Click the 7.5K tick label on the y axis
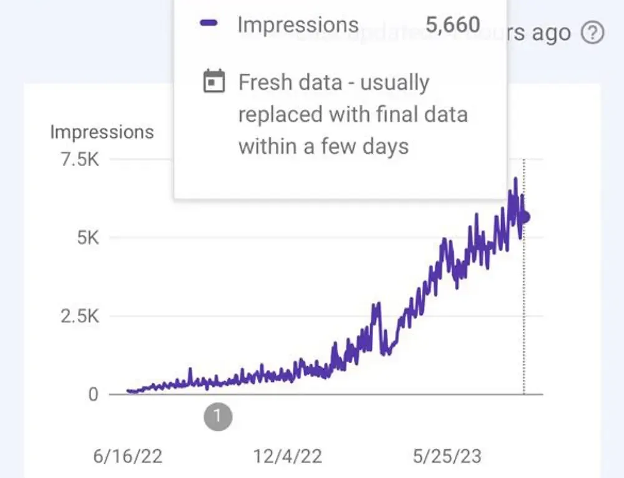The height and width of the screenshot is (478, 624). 78,160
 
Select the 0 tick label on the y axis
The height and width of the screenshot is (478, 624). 93,394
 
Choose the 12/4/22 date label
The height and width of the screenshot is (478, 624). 288,456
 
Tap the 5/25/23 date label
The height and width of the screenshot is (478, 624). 447,456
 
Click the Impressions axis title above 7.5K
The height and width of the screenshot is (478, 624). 102,132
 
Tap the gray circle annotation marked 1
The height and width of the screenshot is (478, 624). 217,416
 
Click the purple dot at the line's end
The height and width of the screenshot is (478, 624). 525,217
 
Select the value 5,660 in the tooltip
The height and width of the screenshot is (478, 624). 453,25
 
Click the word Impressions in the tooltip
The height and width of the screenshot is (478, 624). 298,25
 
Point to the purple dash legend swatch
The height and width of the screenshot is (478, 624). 209,24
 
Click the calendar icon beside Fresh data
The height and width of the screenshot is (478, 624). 214,82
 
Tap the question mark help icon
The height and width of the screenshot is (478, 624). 593,32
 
